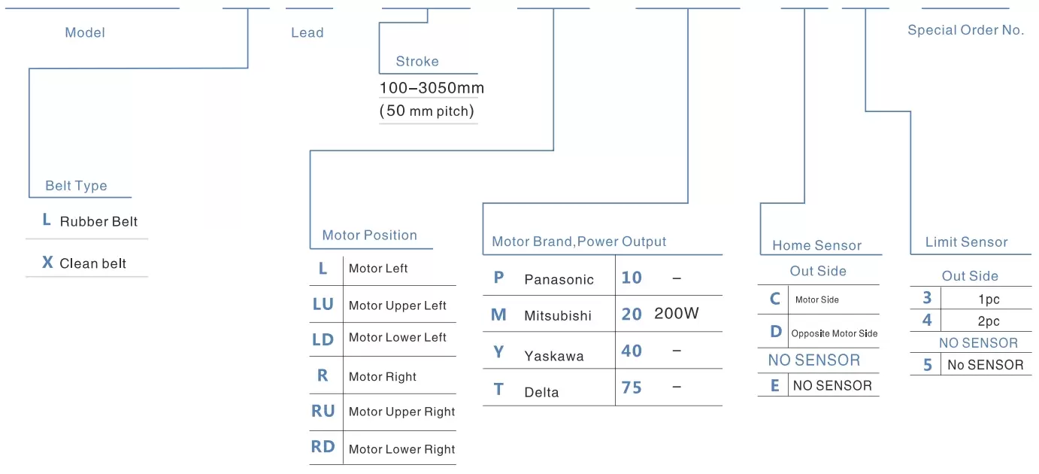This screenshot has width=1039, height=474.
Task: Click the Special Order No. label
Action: pos(966,30)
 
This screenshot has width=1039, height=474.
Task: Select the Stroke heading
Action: pos(417,61)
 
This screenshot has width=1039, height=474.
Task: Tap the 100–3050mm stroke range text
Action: pos(432,88)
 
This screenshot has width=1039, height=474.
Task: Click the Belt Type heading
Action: pos(76,186)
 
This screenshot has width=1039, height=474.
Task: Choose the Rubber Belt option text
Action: pos(98,221)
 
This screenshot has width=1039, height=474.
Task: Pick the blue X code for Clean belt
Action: pos(47,263)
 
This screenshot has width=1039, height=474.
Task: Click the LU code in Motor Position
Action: pos(323,304)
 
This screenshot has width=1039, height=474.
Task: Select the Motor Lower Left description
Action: pos(398,338)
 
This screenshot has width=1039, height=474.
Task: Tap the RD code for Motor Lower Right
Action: pos(323,447)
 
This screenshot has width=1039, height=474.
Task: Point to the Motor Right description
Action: pos(383,376)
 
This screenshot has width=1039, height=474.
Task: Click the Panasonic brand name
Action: pos(559,279)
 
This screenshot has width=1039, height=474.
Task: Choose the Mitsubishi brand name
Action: pos(558,316)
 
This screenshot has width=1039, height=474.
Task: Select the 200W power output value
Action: pos(677,314)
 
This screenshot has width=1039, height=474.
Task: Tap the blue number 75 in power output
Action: pos(632,387)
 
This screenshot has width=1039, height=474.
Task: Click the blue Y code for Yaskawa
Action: pos(498,352)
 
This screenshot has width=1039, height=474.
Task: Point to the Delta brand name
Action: pos(541,392)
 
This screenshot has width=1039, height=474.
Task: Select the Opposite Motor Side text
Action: pos(835,333)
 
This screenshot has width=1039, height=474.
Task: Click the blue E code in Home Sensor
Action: pos(774,385)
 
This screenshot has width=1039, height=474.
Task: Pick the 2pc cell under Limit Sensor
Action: pos(989,321)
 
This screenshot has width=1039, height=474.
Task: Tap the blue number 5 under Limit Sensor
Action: pos(927,365)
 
